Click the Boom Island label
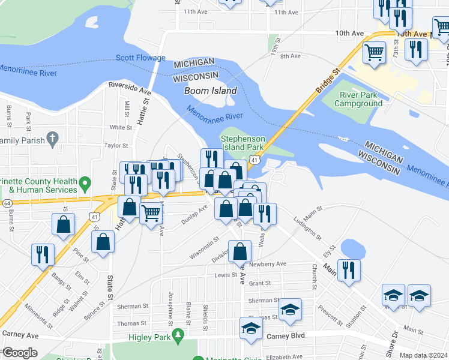coord(210,91)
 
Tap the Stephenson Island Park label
coord(243,142)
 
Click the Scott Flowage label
coord(140,58)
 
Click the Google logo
coord(19,353)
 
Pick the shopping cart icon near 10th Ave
coord(375,52)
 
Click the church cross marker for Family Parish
coord(52,139)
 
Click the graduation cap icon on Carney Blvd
coord(251,328)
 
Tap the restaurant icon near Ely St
coord(348,270)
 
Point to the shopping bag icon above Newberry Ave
coord(240,251)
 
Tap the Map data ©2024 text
coord(423,355)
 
